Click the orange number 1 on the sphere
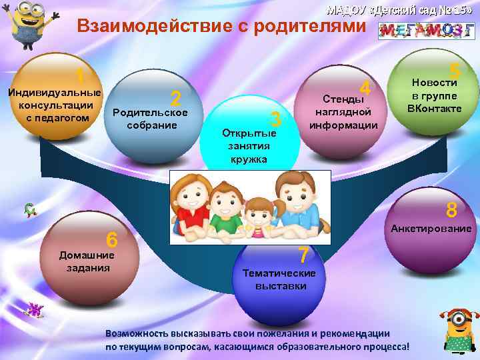[x=79, y=75]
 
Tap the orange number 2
[x=176, y=99]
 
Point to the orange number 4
[x=365, y=87]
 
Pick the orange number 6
[x=112, y=239]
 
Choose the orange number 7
[x=303, y=255]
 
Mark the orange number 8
[x=451, y=211]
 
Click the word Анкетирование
[x=431, y=229]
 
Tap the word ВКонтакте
[x=434, y=107]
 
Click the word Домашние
[x=87, y=255]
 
